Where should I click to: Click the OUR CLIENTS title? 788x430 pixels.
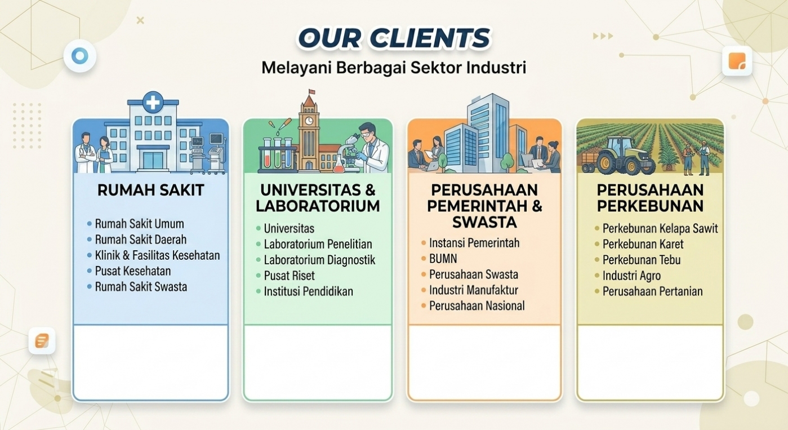coord(394,38)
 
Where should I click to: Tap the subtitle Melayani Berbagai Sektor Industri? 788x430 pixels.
coord(394,68)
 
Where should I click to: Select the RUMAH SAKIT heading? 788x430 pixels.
coord(150,190)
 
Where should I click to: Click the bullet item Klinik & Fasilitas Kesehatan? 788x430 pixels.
coord(157,255)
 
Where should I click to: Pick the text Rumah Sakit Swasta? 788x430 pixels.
coord(141,286)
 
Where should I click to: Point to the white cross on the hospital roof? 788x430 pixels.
coord(153,103)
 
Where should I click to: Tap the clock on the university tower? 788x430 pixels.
coord(309,121)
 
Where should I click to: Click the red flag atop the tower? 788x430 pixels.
coord(311,92)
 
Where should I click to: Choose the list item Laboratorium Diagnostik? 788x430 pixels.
coord(319,260)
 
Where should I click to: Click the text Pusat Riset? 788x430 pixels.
coord(289,276)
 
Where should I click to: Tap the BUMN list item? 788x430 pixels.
coord(443,259)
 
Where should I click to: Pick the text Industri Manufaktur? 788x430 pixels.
coord(474,290)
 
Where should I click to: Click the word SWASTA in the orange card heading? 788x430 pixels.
coord(484,222)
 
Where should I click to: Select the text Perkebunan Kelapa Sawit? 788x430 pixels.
coord(660,228)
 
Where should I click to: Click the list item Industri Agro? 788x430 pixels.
coord(631,276)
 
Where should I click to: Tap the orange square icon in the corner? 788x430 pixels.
coord(737,61)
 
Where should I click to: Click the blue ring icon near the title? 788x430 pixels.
coord(79,56)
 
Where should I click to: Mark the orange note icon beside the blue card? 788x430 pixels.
coord(42,340)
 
